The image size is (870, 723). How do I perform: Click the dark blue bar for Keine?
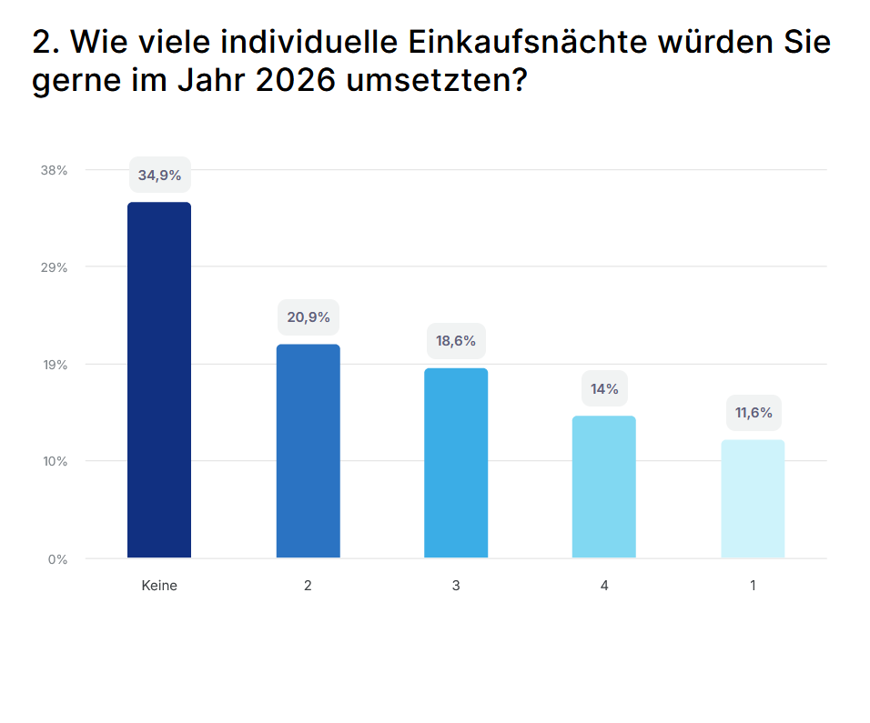tap(159, 379)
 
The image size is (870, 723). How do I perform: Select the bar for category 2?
tap(308, 450)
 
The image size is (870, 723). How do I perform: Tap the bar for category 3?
tap(456, 462)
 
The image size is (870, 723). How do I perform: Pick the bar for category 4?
tap(604, 487)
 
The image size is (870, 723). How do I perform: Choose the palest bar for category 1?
tap(753, 498)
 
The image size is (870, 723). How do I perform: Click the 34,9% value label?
tap(159, 175)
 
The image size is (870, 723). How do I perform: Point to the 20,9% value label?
tap(308, 317)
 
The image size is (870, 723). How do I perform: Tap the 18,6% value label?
tap(456, 341)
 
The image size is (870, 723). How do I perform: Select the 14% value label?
tap(604, 389)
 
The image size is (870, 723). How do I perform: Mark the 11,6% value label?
tap(754, 413)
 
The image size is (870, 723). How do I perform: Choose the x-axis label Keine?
tap(159, 586)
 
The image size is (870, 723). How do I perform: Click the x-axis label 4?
tap(604, 586)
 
